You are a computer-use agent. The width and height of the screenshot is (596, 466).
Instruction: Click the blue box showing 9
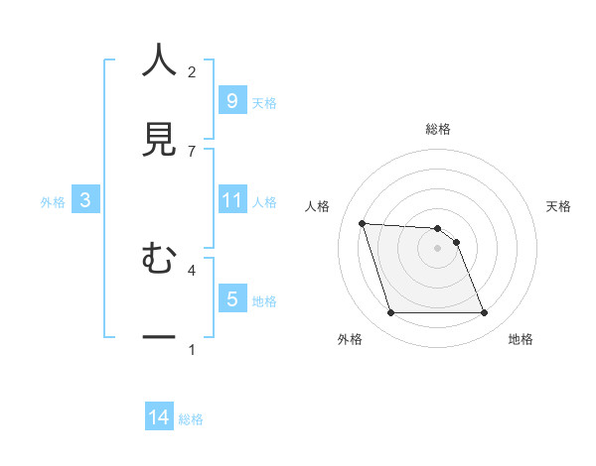[x=231, y=101]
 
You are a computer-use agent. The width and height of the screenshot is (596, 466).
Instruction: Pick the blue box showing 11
[x=231, y=200]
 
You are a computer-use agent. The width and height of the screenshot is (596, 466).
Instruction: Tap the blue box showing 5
[x=231, y=298]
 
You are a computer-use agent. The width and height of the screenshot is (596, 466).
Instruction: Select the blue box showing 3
[x=85, y=200]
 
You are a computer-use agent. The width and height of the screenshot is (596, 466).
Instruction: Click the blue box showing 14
[x=159, y=417]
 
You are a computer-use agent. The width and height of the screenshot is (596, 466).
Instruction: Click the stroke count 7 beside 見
[x=192, y=151]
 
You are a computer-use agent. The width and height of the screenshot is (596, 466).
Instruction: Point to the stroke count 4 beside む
[x=192, y=269]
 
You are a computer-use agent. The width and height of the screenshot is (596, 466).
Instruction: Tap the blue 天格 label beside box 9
[x=264, y=103]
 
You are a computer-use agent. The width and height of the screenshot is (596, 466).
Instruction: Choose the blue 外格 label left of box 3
[x=53, y=201]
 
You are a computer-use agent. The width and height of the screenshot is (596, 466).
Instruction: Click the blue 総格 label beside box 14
[x=191, y=419]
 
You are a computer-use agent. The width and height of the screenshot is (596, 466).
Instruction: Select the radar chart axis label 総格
[x=438, y=129]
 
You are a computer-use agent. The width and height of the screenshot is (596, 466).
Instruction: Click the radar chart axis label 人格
[x=319, y=206]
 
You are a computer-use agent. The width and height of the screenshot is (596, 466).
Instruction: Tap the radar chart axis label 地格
[x=521, y=339]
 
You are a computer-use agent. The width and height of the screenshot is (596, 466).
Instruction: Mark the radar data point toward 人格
[x=363, y=224]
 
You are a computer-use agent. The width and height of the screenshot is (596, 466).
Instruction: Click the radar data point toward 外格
[x=390, y=313]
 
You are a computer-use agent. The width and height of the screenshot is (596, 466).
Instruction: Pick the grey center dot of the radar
[x=438, y=248]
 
